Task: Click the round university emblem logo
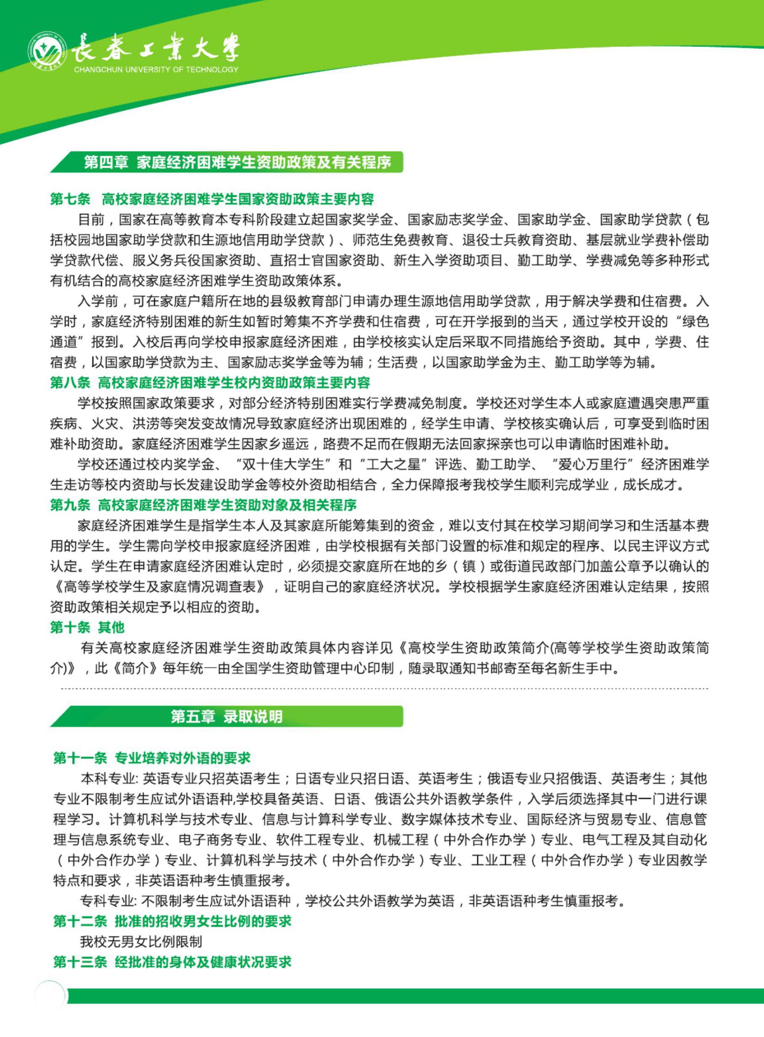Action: click(47, 51)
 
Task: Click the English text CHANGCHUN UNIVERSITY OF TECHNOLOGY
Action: click(156, 70)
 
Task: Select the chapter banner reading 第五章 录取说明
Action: click(226, 717)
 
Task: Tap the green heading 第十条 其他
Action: click(87, 627)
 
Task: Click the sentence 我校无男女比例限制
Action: click(141, 942)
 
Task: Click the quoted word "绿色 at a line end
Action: click(690, 321)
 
